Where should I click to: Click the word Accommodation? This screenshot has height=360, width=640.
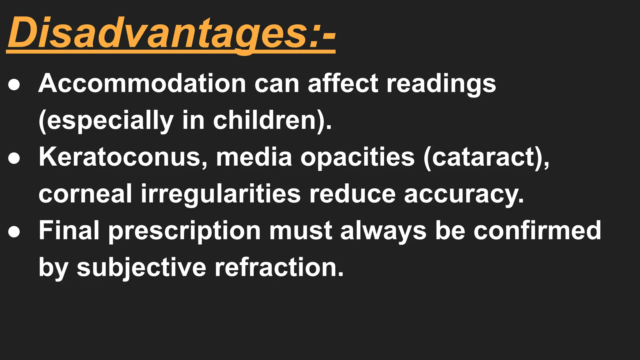142,83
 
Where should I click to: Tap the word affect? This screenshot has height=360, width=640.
343,83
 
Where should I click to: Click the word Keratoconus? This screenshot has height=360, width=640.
123,157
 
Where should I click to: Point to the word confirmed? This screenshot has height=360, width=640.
537,231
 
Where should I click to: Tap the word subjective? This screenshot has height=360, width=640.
141,268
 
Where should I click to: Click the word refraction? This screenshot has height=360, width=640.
279,268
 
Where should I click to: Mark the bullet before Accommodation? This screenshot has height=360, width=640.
14,84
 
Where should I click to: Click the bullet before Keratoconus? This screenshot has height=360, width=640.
14,158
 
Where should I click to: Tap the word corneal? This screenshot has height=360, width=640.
85,194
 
